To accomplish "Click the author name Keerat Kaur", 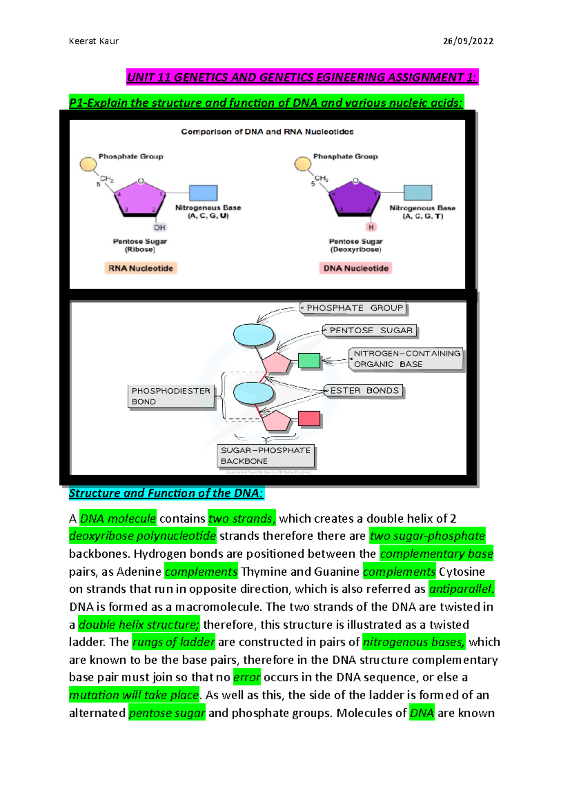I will [x=94, y=41].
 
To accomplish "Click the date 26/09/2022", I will [x=468, y=41].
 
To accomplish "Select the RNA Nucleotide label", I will [x=141, y=268].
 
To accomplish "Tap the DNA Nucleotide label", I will [x=356, y=268].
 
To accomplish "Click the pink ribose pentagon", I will [x=140, y=198].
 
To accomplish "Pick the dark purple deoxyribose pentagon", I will [x=354, y=198].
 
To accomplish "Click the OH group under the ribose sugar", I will [x=160, y=227].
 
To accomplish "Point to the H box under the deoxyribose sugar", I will [x=371, y=227].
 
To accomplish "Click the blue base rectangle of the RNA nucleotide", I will [x=203, y=193].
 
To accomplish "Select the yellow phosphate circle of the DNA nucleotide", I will [x=303, y=164].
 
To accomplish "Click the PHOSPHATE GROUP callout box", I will [x=354, y=308].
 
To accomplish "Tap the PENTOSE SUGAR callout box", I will [x=370, y=330].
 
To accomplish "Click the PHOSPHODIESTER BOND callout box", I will [x=171, y=396].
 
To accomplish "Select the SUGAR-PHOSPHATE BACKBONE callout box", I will [x=266, y=456].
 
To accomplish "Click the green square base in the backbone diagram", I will [x=309, y=361].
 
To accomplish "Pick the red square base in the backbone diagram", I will [x=309, y=419].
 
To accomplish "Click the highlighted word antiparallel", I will [x=461, y=589].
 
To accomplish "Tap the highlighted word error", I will [x=247, y=677].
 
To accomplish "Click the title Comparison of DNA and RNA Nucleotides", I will [x=267, y=132].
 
